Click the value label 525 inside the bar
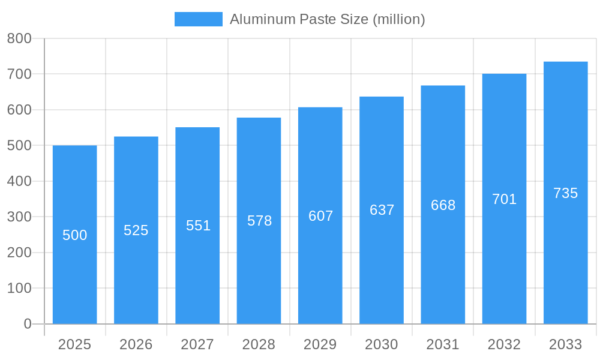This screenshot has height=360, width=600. [x=136, y=230]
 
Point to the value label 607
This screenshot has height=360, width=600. [x=320, y=216]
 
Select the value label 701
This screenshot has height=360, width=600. [x=504, y=199]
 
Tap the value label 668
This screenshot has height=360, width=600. [x=443, y=205]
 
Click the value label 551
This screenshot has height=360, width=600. [x=198, y=226]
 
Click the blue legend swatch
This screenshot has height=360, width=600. [x=198, y=19]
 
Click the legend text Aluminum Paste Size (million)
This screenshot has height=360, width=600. [x=327, y=19]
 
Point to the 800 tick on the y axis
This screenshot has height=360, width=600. [x=19, y=38]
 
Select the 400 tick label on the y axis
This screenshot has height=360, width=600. [x=19, y=181]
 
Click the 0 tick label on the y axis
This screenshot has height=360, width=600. [x=27, y=324]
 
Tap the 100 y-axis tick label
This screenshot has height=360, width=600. [x=19, y=288]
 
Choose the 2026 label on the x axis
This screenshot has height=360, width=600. [x=136, y=344]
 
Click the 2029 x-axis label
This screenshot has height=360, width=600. [x=320, y=344]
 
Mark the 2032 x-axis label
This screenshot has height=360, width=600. [x=504, y=344]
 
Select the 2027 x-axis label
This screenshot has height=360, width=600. [x=197, y=344]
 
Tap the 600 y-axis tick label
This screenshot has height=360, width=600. [x=19, y=110]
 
